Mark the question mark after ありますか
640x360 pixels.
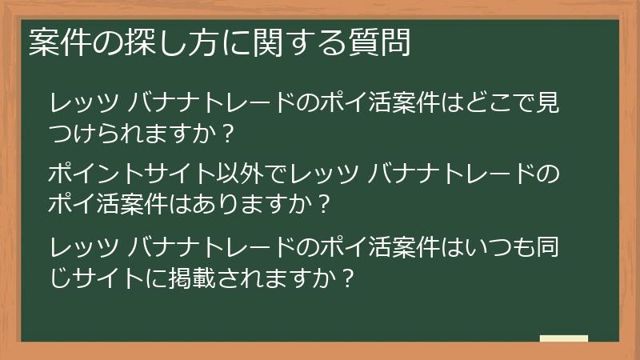[x=322, y=202]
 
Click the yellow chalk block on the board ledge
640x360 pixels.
[x=564, y=338]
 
